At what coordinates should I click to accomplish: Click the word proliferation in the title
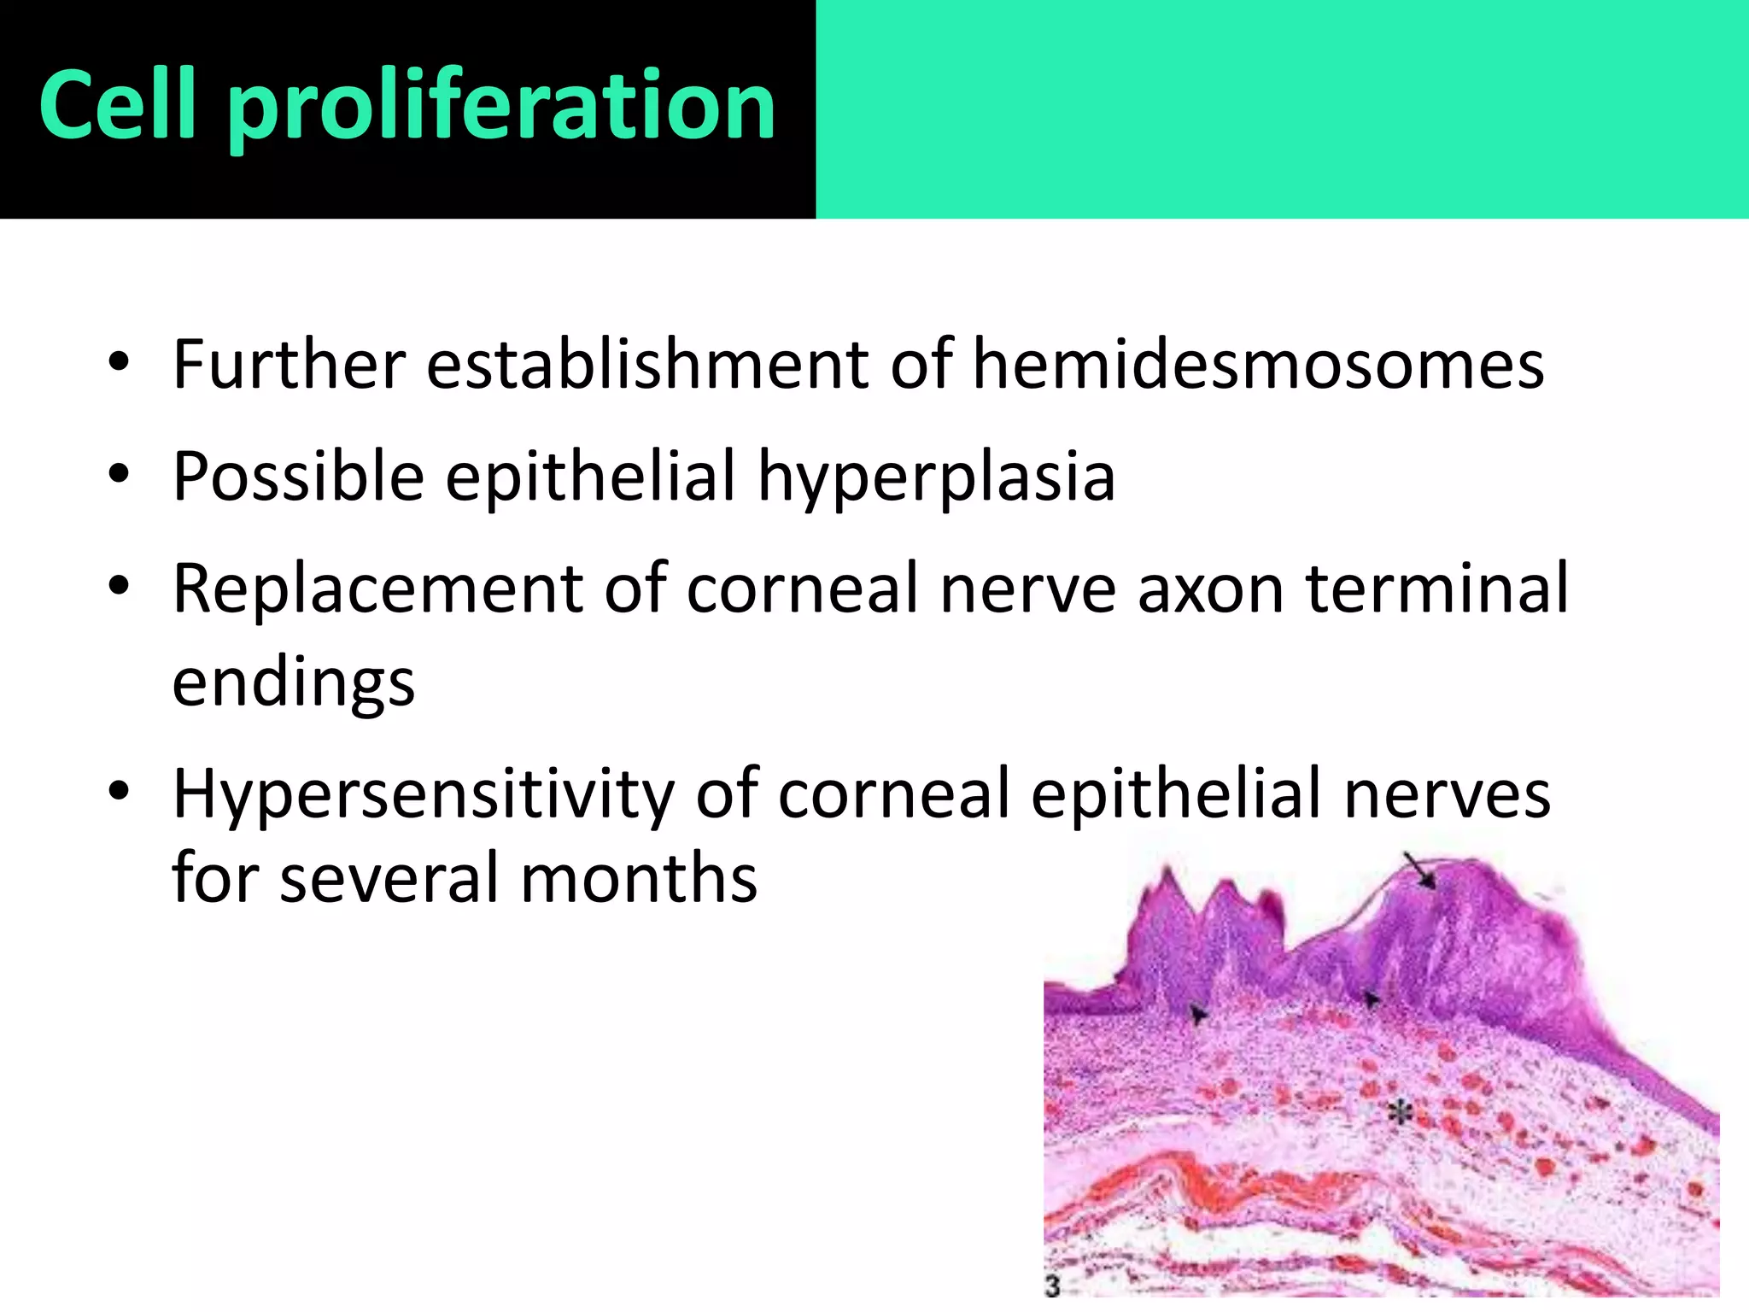(502, 107)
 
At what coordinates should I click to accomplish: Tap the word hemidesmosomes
(1258, 365)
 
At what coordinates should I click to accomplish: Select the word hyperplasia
(936, 477)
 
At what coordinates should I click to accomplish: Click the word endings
(293, 683)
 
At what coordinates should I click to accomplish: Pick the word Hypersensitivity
(423, 794)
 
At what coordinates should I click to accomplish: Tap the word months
(638, 878)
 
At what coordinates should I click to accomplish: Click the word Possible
(298, 477)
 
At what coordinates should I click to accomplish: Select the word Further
(289, 365)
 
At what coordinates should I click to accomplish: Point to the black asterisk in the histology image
(1399, 1113)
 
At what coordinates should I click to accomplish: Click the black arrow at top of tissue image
(1422, 873)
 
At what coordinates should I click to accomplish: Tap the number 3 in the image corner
(1052, 1286)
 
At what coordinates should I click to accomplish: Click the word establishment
(647, 365)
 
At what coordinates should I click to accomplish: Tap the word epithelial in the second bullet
(590, 477)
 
